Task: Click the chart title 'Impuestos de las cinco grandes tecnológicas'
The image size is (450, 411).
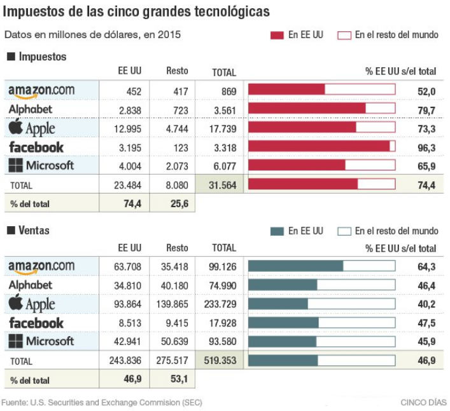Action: (x=136, y=12)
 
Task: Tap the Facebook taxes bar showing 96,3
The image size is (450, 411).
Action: (x=321, y=147)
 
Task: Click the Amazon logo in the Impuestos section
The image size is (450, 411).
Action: (x=41, y=91)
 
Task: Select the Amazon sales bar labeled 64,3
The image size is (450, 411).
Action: (x=321, y=266)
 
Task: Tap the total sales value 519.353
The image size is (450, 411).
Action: (x=220, y=360)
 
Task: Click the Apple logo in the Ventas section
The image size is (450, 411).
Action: (x=32, y=304)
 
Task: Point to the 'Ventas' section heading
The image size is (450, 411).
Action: (x=33, y=230)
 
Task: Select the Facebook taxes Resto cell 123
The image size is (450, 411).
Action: (x=180, y=147)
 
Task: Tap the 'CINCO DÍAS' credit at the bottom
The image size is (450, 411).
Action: (x=423, y=402)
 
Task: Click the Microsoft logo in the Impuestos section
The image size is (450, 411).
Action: (x=41, y=166)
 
